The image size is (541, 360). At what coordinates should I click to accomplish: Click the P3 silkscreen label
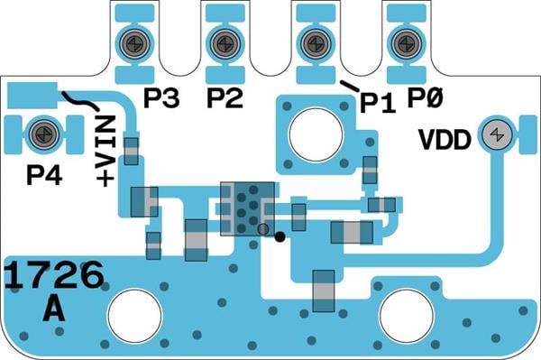(161, 98)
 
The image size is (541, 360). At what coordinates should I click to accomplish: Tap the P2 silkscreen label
(225, 98)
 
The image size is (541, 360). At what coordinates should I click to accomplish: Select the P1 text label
(378, 104)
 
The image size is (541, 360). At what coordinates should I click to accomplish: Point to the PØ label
(425, 97)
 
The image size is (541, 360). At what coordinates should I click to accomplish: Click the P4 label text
(44, 175)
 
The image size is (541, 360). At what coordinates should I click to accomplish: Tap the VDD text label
(445, 140)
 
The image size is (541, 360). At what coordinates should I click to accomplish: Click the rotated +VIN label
(105, 152)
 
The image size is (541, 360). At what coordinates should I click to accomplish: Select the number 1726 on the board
(54, 276)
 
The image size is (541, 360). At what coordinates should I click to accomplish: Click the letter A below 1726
(54, 309)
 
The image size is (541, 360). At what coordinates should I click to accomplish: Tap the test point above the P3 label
(134, 44)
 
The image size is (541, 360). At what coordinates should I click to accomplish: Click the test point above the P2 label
(225, 44)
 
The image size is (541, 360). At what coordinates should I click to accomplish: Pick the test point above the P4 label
(44, 134)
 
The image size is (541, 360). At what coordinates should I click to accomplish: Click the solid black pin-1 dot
(280, 236)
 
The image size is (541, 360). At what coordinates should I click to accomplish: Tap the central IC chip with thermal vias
(248, 209)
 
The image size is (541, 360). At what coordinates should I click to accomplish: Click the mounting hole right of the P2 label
(316, 134)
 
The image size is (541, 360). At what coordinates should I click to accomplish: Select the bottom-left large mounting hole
(135, 316)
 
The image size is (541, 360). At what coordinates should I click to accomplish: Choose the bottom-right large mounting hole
(407, 316)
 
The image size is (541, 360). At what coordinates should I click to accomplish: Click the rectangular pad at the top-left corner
(32, 96)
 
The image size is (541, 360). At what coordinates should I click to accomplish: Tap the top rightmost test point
(407, 44)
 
